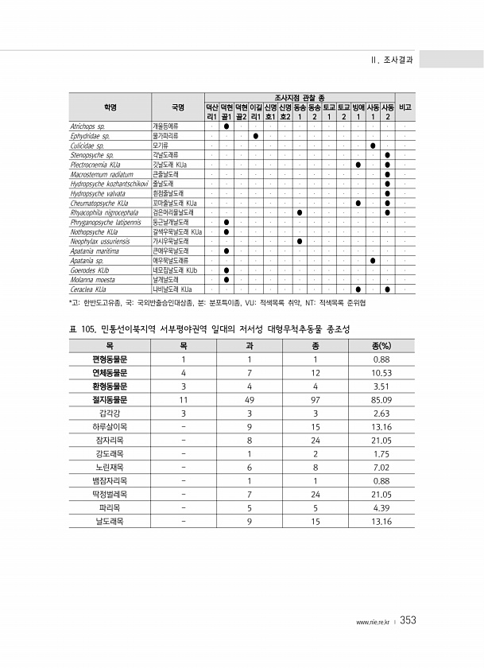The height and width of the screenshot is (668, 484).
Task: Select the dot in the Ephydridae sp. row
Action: [256, 136]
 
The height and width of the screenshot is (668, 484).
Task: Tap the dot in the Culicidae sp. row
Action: [373, 146]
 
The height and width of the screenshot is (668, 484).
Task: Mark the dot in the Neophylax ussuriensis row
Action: [300, 241]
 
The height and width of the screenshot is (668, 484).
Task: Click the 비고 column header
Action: [405, 107]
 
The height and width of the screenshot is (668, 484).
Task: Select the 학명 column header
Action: [109, 107]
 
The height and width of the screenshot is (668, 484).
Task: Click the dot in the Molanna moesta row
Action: [227, 279]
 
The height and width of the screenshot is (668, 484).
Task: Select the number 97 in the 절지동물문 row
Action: [316, 399]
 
